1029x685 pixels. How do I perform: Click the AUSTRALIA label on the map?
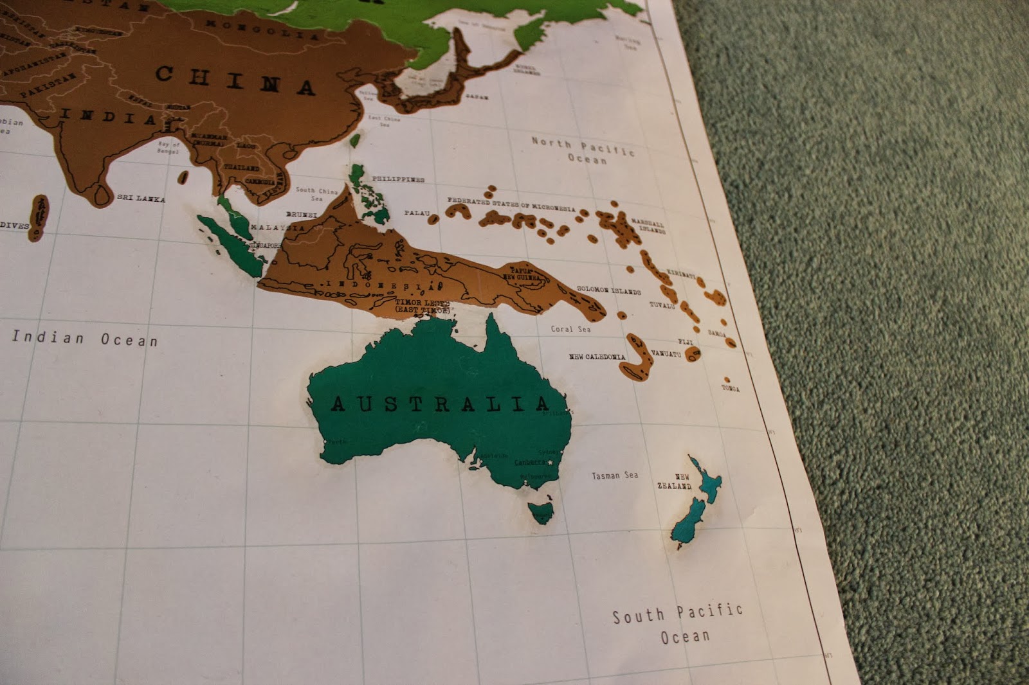coord(441,404)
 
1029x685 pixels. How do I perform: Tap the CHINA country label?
coord(235,80)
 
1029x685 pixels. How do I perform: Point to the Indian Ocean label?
coord(84,338)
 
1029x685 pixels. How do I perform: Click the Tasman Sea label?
coord(615,476)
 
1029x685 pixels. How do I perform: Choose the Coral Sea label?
coord(570,329)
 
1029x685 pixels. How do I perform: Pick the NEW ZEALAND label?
coord(674,482)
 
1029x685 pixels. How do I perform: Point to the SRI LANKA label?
coord(141,199)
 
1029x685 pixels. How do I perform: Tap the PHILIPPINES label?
coord(398,179)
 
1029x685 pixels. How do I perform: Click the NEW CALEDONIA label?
coord(597,357)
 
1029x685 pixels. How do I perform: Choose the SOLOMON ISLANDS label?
coord(608,290)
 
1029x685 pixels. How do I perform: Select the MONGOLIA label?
coord(262,30)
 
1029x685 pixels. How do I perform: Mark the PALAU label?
coord(416,213)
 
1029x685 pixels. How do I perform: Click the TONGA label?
coord(730,389)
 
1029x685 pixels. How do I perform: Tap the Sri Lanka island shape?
coord(102,194)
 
